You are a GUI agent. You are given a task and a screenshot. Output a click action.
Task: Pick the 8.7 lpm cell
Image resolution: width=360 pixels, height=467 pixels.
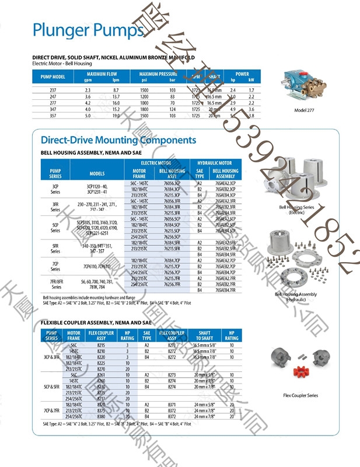[116, 90]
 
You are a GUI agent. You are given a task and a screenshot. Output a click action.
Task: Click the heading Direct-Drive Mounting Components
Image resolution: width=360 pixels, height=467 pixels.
[118, 140]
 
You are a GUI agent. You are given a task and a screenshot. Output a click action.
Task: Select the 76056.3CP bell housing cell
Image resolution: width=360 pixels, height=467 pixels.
[172, 183]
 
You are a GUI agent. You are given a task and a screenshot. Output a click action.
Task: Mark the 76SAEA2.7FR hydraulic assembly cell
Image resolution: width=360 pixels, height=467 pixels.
[225, 279]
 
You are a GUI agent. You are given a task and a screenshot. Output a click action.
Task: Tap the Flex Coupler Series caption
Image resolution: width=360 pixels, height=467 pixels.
[300, 395]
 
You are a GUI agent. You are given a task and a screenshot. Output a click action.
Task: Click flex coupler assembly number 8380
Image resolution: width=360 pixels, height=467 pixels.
[101, 417]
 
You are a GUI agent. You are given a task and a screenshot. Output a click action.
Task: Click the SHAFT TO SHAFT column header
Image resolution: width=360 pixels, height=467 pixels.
[204, 335]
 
